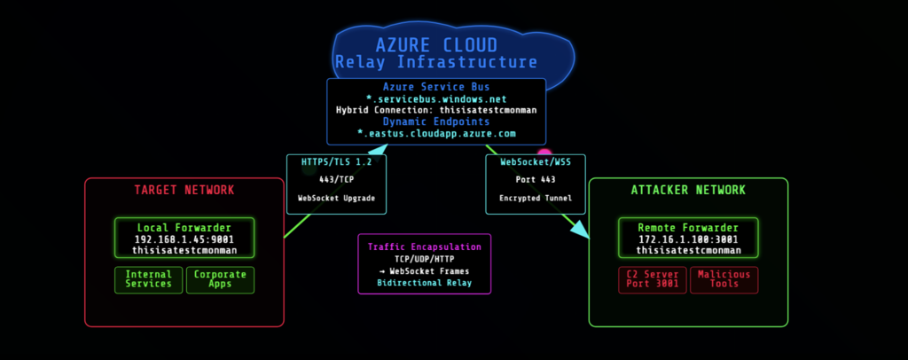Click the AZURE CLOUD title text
tap(435, 45)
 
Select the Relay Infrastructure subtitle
tap(435, 63)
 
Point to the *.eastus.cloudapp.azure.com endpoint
tap(435, 133)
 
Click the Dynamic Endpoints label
tap(435, 121)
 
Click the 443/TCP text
tap(336, 181)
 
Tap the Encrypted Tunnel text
tap(536, 199)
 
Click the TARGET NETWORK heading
tap(184, 191)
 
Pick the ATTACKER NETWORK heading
tap(688, 191)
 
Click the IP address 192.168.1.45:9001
tap(184, 239)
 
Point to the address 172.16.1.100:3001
tap(688, 239)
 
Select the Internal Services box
tap(149, 279)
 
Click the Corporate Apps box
tap(220, 279)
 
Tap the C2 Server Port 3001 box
tap(652, 279)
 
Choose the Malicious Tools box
tap(724, 279)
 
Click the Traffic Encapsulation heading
tap(424, 247)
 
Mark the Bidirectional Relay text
tap(424, 284)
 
